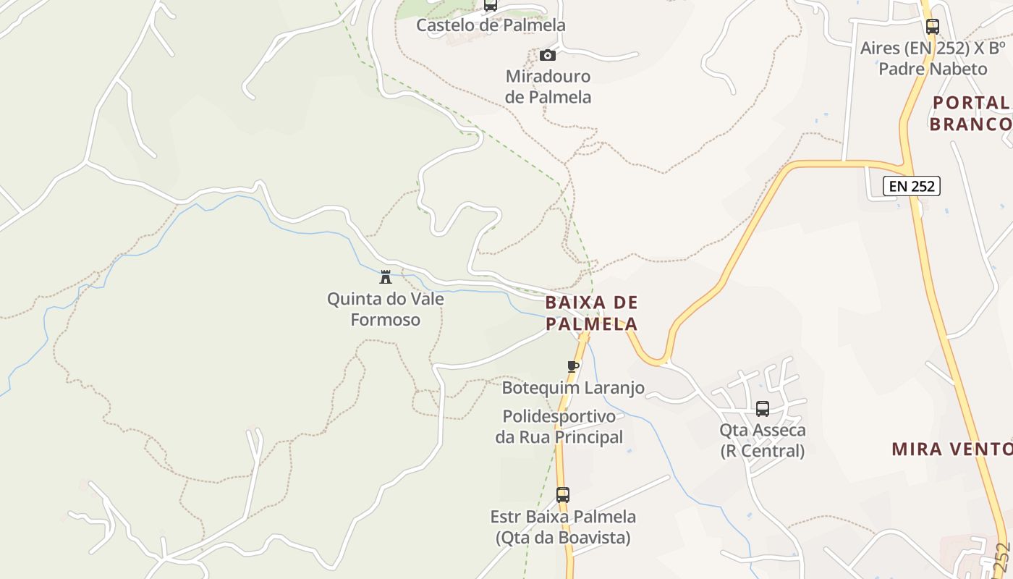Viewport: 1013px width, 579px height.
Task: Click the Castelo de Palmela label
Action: pyautogui.click(x=491, y=25)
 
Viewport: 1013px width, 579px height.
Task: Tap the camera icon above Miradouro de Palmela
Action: pyautogui.click(x=548, y=55)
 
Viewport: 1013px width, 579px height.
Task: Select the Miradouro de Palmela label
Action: pyautogui.click(x=548, y=86)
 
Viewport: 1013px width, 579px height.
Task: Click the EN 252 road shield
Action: pyautogui.click(x=912, y=186)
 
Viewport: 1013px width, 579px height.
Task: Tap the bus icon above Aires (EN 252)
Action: pyautogui.click(x=933, y=27)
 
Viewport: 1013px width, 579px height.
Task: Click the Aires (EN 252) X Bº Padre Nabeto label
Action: pyautogui.click(x=933, y=59)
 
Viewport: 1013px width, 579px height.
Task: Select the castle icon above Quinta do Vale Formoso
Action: pyautogui.click(x=386, y=276)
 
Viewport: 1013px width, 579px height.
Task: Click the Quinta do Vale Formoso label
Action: pyautogui.click(x=386, y=309)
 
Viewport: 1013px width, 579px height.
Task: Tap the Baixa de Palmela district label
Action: pyautogui.click(x=592, y=313)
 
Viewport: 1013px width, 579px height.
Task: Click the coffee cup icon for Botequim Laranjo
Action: pyautogui.click(x=573, y=366)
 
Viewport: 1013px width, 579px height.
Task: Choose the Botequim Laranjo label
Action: pyautogui.click(x=573, y=388)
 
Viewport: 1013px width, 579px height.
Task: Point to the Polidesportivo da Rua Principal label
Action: pyautogui.click(x=559, y=427)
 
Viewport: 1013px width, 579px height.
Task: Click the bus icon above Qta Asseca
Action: pyautogui.click(x=763, y=409)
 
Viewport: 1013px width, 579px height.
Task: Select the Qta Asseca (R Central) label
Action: pyautogui.click(x=763, y=441)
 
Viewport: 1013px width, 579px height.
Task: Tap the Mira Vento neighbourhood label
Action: pyautogui.click(x=951, y=449)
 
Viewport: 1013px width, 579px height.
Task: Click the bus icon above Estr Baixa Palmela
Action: pyautogui.click(x=563, y=495)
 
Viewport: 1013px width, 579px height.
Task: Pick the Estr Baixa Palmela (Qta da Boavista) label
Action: pyautogui.click(x=563, y=528)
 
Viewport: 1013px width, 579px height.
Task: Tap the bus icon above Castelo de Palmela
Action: pyautogui.click(x=491, y=5)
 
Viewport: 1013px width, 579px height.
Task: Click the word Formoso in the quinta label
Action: pyautogui.click(x=386, y=319)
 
